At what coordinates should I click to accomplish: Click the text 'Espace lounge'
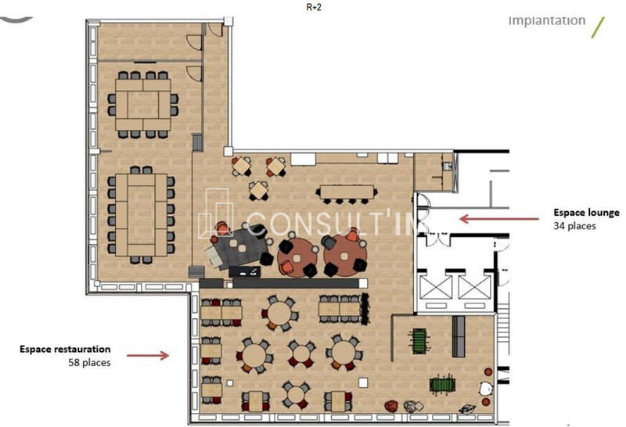pos(586,212)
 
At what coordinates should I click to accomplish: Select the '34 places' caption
pos(574,226)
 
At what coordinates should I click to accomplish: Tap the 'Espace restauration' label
pos(65,349)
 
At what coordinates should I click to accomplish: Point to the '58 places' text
pos(88,363)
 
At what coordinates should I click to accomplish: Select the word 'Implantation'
pos(547,20)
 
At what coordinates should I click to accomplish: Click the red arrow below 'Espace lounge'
pos(485,219)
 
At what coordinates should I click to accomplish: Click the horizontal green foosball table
pos(442,385)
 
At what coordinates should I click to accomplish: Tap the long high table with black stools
pos(347,192)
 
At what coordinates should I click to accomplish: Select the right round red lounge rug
pos(344,251)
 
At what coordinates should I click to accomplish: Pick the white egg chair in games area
pos(485,387)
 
